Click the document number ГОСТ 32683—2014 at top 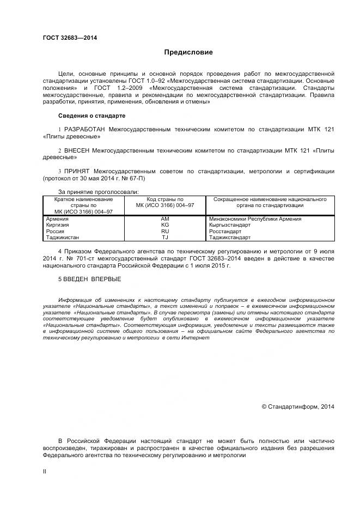[x=66, y=38]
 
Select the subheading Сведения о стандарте [x=91, y=116]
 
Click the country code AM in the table [x=165, y=218]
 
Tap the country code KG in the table [x=165, y=225]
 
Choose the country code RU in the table [x=165, y=232]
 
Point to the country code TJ [x=165, y=238]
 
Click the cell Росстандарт [x=225, y=232]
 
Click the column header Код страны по [x=165, y=199]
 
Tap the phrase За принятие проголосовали [x=98, y=192]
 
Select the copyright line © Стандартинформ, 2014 [x=298, y=406]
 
